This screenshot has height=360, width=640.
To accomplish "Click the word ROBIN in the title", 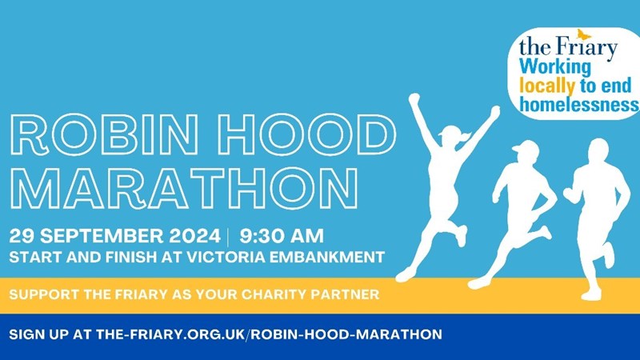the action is tap(105, 134).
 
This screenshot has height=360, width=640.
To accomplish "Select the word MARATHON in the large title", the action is tap(184, 188).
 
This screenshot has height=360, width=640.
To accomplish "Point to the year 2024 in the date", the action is tap(194, 236).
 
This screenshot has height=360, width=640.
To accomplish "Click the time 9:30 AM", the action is tap(282, 236).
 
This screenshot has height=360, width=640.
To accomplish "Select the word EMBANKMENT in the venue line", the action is tap(327, 257).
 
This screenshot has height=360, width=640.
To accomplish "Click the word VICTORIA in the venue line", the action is tap(226, 257).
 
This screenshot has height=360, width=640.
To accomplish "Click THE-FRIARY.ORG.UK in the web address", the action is tap(170, 334).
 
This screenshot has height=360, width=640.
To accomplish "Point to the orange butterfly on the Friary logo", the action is tap(584, 34).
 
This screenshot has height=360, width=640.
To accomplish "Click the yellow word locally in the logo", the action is tap(546, 86).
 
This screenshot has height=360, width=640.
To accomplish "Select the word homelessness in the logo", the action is tap(579, 104).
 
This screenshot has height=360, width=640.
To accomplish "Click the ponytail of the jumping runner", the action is tap(464, 136).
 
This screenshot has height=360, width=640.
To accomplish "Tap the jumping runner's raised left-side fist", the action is tap(414, 98).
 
